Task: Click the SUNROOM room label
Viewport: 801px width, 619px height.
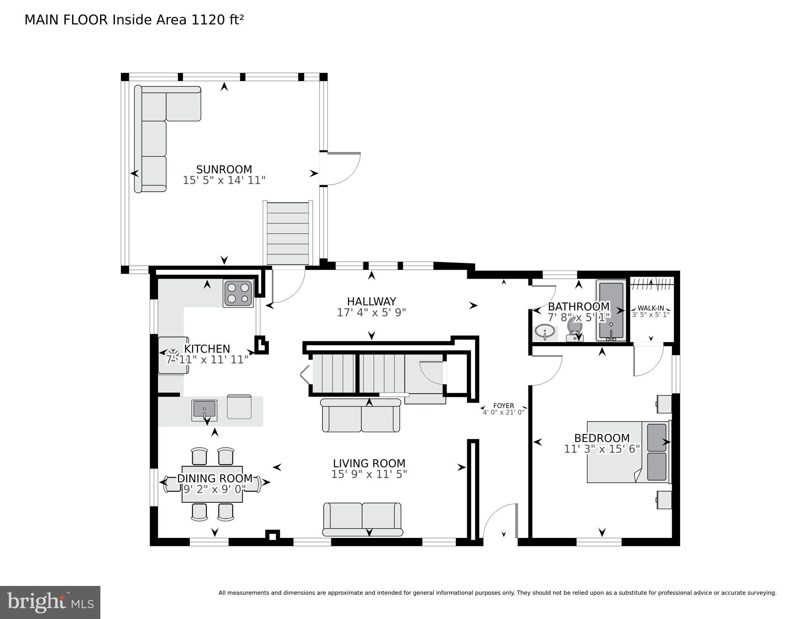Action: click(x=224, y=169)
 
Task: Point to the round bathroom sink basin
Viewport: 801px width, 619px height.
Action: click(x=545, y=333)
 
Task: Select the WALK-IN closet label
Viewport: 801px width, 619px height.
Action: click(x=651, y=308)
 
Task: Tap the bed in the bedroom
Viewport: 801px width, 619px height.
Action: click(x=628, y=452)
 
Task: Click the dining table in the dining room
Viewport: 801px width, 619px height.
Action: click(x=212, y=484)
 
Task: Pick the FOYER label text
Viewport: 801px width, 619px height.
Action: click(x=503, y=406)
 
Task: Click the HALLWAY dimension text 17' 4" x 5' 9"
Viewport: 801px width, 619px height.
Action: click(x=371, y=313)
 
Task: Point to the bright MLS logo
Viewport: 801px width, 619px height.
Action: click(x=50, y=602)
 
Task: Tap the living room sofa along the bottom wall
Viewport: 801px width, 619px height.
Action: click(x=362, y=519)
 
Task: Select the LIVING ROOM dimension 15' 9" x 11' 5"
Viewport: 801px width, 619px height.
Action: click(x=369, y=474)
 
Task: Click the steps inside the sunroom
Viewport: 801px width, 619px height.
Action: click(x=288, y=234)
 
